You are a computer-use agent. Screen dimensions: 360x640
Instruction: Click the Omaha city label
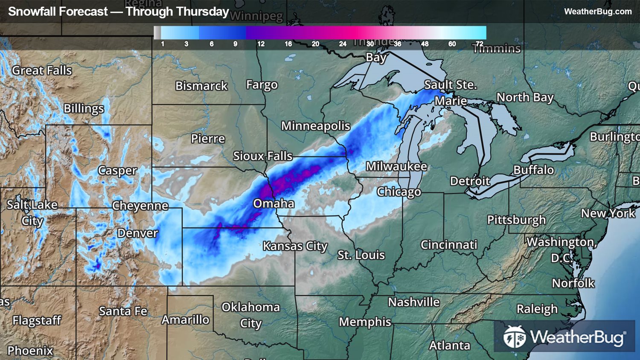coord(273,203)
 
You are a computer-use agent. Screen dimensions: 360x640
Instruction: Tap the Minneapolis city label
coord(315,126)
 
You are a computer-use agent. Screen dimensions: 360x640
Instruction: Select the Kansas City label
coord(295,246)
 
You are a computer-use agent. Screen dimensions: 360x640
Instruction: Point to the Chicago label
coord(399,192)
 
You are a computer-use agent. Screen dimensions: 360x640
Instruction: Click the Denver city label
coord(137,233)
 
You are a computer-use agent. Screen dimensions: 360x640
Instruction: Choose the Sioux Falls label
coord(262,156)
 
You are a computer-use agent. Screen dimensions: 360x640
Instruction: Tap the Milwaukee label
coord(396,166)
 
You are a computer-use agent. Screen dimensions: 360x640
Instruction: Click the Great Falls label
coord(42,70)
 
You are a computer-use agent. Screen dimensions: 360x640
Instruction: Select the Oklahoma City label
coord(250,315)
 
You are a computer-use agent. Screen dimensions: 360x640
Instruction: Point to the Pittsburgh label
coord(516,220)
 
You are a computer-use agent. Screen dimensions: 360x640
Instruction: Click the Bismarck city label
coord(201,86)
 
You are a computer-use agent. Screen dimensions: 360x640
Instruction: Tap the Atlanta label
coord(449,345)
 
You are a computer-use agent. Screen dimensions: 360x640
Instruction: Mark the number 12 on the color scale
coord(261,44)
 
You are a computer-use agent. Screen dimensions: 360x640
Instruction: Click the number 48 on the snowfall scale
coord(425,44)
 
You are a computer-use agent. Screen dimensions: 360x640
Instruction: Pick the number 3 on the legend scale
coord(186,44)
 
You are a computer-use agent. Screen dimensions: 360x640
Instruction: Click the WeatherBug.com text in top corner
coord(597,12)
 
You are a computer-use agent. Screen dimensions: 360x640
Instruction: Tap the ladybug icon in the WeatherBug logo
coord(515,337)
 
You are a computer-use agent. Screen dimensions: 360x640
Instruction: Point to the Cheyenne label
coord(140,206)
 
